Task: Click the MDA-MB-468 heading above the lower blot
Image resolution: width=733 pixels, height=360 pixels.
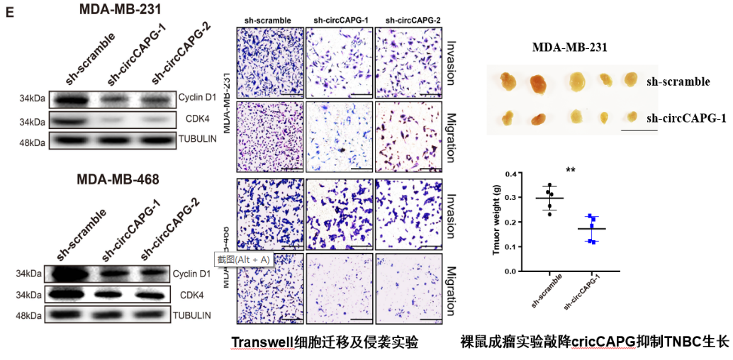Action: coord(118,179)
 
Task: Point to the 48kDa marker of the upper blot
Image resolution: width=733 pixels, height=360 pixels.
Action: coord(32,142)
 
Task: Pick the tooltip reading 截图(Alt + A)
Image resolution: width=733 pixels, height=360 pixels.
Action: coord(245,259)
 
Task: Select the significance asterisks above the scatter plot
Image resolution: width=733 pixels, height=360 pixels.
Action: coord(571,170)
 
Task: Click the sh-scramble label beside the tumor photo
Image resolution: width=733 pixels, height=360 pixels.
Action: coord(678,81)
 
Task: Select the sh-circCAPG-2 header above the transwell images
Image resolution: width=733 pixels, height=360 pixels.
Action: coord(408,20)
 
